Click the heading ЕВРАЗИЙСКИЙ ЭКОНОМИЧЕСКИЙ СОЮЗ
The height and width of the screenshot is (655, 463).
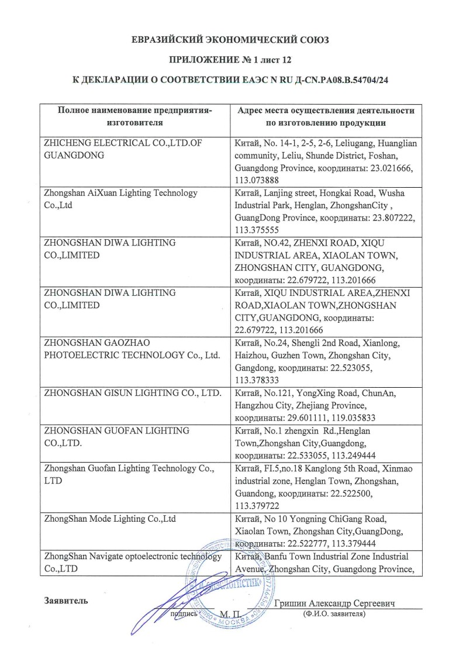(231, 40)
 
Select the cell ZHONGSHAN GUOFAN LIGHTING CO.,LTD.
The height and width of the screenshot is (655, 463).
(117, 436)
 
